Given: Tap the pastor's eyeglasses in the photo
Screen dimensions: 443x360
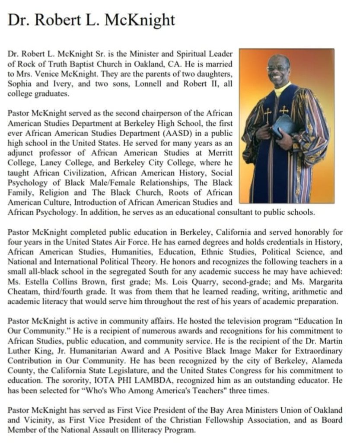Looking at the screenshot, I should coord(277,68).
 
